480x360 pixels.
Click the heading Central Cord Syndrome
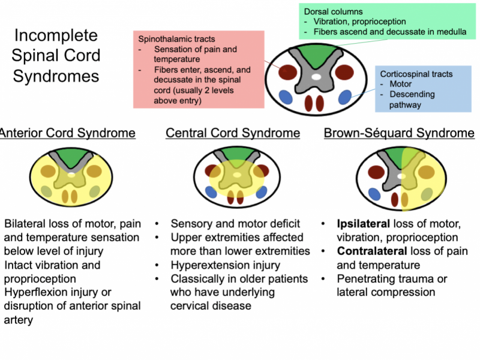[233, 133]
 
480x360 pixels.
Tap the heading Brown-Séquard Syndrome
[399, 133]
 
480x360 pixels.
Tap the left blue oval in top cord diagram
[286, 98]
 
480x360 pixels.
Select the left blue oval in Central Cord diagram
[211, 192]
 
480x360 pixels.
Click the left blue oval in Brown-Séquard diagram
[375, 193]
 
